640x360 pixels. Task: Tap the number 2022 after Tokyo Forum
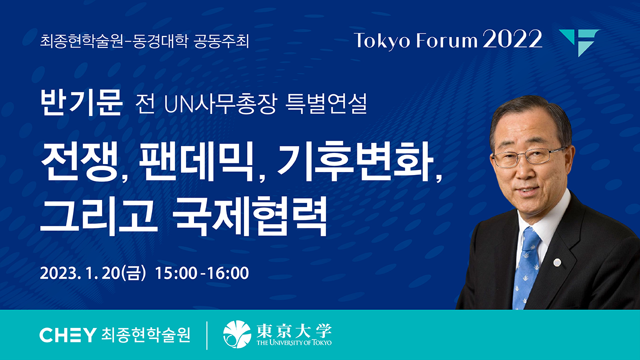click(512, 39)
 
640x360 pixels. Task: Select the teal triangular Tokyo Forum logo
click(579, 43)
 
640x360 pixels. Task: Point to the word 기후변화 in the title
click(355, 161)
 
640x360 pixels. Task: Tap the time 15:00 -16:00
click(201, 273)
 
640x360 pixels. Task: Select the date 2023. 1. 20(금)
click(93, 273)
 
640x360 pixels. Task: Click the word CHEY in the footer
click(67, 335)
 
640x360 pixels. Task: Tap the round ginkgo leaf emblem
click(237, 334)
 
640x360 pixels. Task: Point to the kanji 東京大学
click(294, 331)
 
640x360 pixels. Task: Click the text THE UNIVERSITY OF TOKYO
click(294, 342)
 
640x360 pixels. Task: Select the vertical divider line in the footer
click(207, 335)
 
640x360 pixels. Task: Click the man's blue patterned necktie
click(526, 268)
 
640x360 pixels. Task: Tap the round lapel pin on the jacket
click(557, 262)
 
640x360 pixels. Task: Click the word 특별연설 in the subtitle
click(326, 103)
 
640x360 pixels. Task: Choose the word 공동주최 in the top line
click(221, 41)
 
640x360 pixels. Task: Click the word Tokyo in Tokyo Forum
click(382, 41)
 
